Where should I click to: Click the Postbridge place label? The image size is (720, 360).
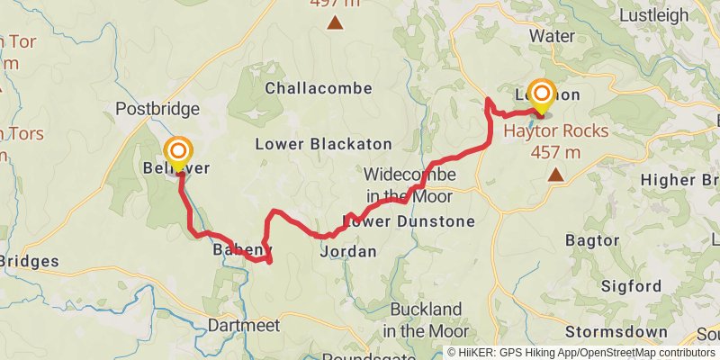(x=157, y=109)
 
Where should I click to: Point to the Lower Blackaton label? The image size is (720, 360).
(x=323, y=144)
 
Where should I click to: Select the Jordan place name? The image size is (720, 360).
(x=348, y=252)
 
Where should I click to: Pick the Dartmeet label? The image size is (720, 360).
(x=244, y=325)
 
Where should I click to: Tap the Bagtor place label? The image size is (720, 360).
(x=592, y=240)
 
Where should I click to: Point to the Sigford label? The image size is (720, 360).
(x=631, y=287)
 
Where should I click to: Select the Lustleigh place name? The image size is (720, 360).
(x=653, y=14)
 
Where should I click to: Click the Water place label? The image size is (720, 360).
(x=553, y=36)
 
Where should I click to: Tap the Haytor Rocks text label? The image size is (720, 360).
(x=555, y=130)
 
